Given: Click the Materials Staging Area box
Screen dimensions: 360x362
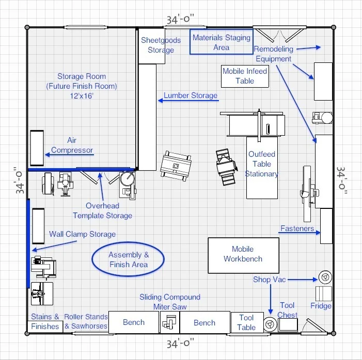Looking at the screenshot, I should [221, 42].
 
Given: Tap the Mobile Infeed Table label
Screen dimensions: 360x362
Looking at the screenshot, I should [245, 76].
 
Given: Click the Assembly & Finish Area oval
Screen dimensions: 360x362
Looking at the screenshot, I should [128, 259].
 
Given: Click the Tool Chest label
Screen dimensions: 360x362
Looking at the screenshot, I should [288, 310].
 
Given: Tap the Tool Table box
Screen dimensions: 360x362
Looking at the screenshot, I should [246, 323].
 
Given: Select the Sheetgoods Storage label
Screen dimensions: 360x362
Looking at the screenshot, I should [161, 45].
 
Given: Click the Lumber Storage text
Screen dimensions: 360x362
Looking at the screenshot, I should [191, 96].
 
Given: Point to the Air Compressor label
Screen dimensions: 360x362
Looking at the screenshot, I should [72, 145].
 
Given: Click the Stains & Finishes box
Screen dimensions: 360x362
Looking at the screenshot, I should [45, 321].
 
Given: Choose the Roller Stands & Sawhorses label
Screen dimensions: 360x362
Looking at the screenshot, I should [86, 321].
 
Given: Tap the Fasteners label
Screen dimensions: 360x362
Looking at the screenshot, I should [297, 228].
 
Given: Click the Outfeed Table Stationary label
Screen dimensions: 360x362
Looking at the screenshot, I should [261, 164].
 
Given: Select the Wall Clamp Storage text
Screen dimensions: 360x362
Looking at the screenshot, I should [82, 234].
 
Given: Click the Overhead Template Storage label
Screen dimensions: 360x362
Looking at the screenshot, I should [102, 210].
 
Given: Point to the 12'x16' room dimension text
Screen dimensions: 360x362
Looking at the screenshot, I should [80, 96].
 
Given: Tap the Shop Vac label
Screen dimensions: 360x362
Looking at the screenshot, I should [269, 280].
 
